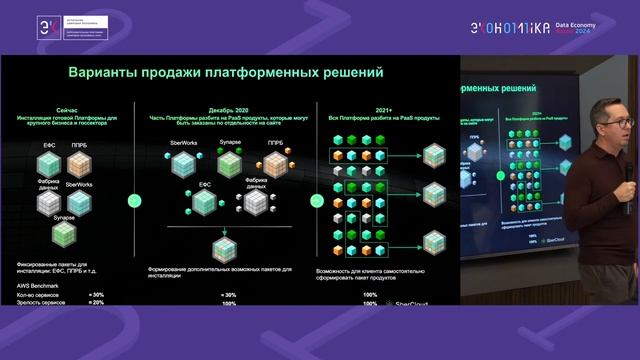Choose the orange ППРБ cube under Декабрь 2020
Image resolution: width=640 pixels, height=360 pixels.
pyautogui.click(x=274, y=162)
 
